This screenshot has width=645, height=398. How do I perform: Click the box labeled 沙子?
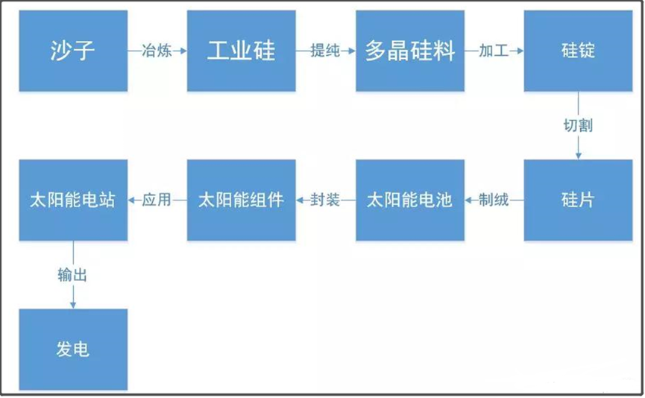click(x=73, y=51)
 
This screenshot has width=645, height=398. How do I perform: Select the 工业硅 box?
click(x=241, y=51)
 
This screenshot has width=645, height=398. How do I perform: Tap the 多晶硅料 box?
click(x=410, y=51)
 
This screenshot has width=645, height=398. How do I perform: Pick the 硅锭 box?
click(x=578, y=51)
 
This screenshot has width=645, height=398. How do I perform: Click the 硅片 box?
click(x=578, y=200)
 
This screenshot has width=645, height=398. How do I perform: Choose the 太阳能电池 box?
click(x=410, y=200)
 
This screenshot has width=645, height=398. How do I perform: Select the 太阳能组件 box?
click(x=241, y=200)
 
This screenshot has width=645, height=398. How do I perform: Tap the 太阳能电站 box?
click(x=73, y=200)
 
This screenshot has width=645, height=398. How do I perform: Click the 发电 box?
click(x=73, y=349)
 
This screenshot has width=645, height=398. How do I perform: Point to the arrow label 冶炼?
click(x=156, y=51)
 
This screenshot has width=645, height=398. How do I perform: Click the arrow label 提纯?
click(x=325, y=51)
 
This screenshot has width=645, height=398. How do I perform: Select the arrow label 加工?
click(x=494, y=51)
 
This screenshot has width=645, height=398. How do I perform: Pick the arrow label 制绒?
click(x=494, y=200)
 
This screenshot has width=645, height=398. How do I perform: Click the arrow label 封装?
click(x=325, y=200)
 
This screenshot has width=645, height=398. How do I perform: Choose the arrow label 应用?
click(x=157, y=200)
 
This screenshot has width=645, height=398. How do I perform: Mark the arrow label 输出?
click(x=73, y=274)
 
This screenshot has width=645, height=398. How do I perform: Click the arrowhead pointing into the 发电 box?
click(x=73, y=304)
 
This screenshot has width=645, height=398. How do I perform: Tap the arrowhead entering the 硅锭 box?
click(x=519, y=51)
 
